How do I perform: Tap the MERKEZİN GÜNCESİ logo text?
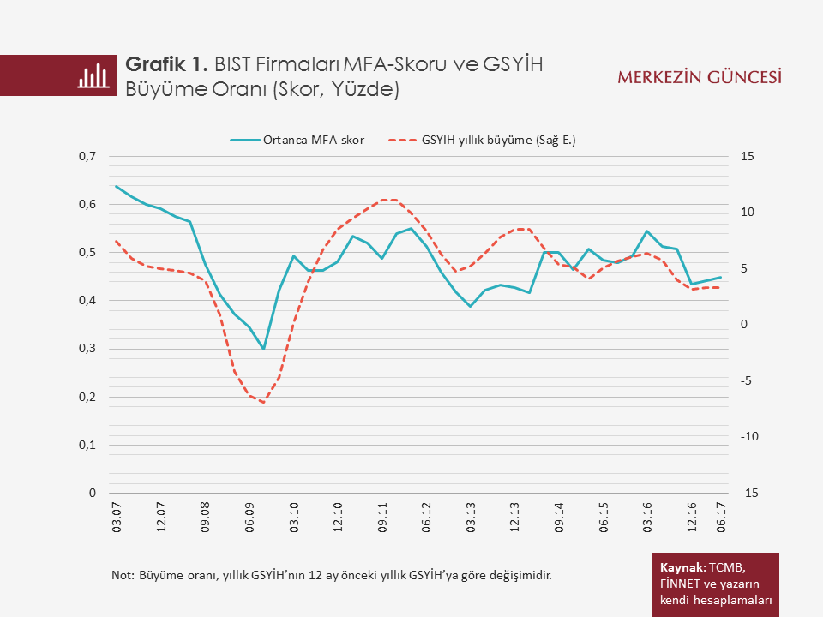pyautogui.click(x=700, y=77)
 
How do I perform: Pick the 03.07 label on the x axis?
pyautogui.click(x=117, y=519)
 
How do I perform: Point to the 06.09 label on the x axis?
pyautogui.click(x=249, y=519)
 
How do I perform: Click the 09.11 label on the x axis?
pyautogui.click(x=382, y=519)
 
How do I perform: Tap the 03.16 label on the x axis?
pyautogui.click(x=647, y=519)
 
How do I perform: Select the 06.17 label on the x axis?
pyautogui.click(x=720, y=519)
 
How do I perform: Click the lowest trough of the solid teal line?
pyautogui.click(x=264, y=349)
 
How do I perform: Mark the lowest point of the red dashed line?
pyautogui.click(x=263, y=402)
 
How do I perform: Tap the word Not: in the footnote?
pyautogui.click(x=123, y=574)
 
